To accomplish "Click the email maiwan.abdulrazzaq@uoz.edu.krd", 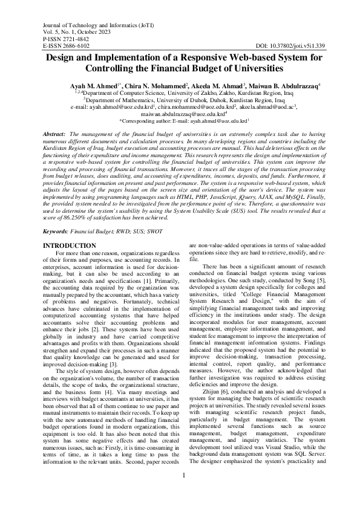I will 182,113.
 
